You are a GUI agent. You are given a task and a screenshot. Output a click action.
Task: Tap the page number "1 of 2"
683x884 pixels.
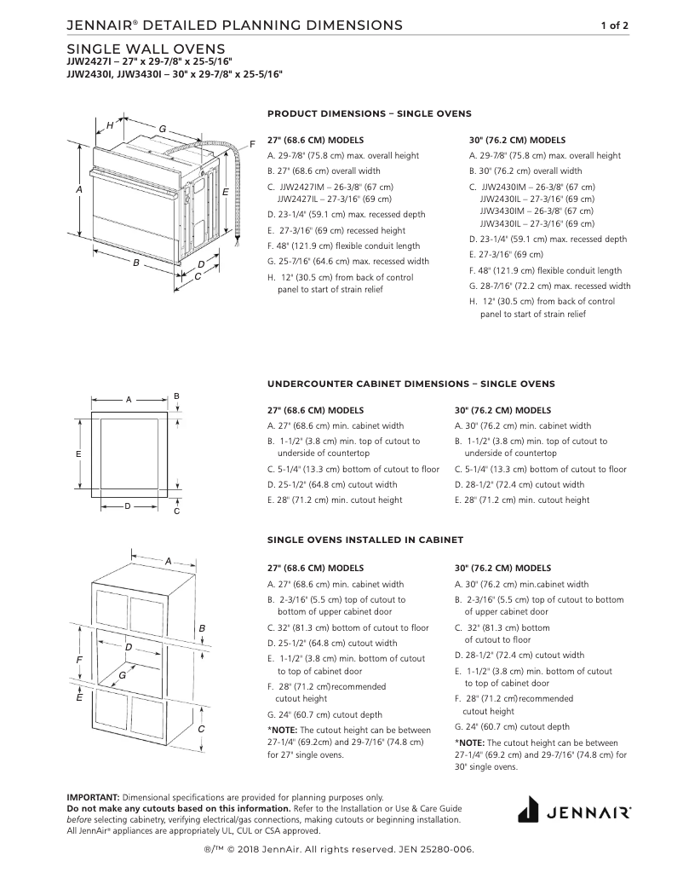tap(614, 26)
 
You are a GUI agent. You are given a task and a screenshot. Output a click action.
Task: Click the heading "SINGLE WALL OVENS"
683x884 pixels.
tap(146, 49)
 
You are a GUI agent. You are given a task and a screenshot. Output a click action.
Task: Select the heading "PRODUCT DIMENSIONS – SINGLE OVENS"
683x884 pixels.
tap(369, 113)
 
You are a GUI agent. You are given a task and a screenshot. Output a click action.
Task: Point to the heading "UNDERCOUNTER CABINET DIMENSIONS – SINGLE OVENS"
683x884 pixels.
tap(410, 384)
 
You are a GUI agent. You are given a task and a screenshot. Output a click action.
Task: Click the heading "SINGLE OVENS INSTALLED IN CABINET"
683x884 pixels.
tap(365, 540)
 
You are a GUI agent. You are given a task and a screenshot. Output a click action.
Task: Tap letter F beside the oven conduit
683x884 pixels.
tap(253, 142)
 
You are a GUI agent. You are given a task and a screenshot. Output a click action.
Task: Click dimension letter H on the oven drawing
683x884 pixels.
tap(110, 125)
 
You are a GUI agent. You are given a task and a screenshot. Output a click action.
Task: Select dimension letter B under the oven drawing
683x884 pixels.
tap(135, 263)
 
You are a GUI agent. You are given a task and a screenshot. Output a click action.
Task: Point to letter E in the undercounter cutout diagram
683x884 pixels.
tap(77, 454)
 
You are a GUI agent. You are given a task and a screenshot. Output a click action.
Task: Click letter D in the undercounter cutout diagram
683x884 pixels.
tap(127, 506)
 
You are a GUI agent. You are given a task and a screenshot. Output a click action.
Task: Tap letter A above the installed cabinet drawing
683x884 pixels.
tap(168, 561)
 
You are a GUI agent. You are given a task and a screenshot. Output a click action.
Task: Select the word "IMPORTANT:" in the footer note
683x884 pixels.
tap(93, 797)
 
